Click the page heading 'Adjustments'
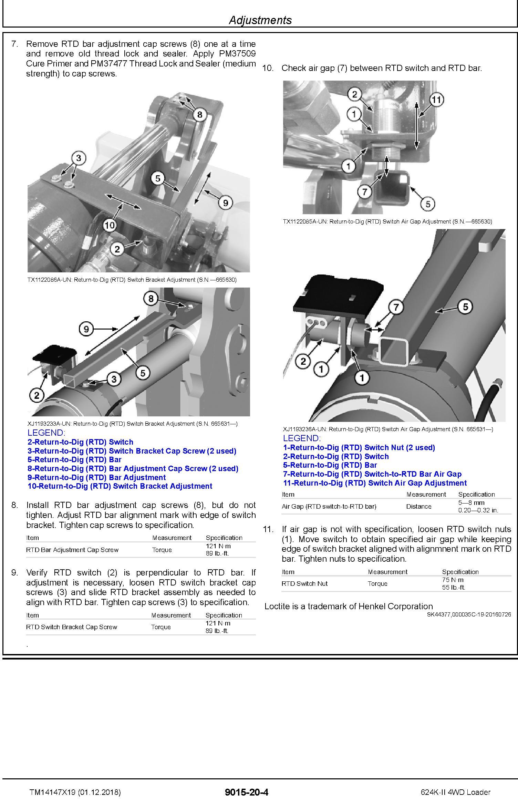(x=260, y=20)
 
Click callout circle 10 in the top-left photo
(x=110, y=225)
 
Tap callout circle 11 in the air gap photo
(x=436, y=100)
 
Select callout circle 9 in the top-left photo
(x=225, y=203)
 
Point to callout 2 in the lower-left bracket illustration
(x=37, y=395)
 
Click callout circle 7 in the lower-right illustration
(x=396, y=307)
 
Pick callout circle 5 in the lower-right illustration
(x=465, y=307)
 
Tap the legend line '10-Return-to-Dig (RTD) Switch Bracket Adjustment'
(x=120, y=486)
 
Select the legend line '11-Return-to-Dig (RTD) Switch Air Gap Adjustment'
(x=375, y=483)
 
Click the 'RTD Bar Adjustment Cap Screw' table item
(x=72, y=550)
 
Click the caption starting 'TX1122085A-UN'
(x=387, y=221)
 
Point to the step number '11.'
(x=268, y=529)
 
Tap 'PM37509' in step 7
(x=237, y=54)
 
